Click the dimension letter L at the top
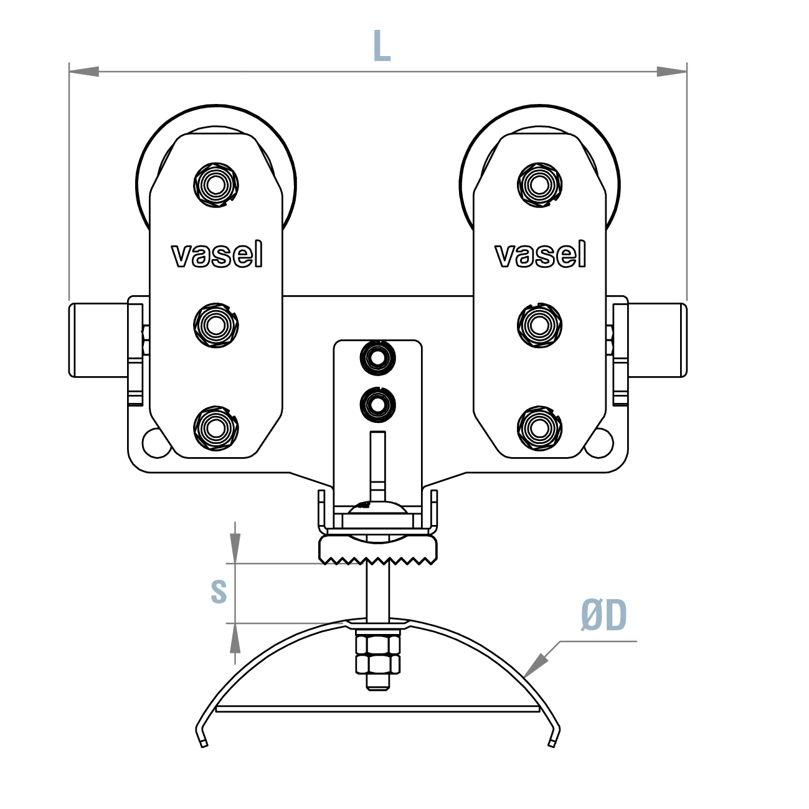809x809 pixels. click(x=381, y=45)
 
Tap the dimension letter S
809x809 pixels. click(x=218, y=591)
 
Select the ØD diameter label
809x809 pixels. click(x=603, y=616)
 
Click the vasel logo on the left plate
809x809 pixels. click(x=217, y=255)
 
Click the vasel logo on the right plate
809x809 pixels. click(x=540, y=255)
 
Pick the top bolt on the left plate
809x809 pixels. click(x=216, y=185)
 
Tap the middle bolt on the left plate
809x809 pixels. click(x=216, y=324)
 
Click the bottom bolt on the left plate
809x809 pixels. click(x=216, y=428)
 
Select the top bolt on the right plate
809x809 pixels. click(x=539, y=185)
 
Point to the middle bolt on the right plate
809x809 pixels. click(x=539, y=324)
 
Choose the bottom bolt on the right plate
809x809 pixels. click(x=539, y=428)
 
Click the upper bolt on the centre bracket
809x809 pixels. click(x=378, y=358)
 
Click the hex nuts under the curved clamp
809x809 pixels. click(x=377, y=654)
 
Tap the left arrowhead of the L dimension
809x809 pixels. click(x=83, y=72)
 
